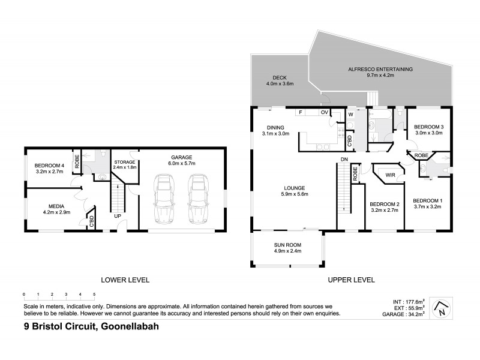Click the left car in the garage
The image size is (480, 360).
pyautogui.click(x=163, y=199)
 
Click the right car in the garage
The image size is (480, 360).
pyautogui.click(x=197, y=199)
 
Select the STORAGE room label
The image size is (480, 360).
pyautogui.click(x=125, y=162)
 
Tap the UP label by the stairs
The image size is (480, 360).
pyautogui.click(x=118, y=215)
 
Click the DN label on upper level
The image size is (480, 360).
pyautogui.click(x=344, y=158)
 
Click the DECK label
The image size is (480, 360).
pyautogui.click(x=279, y=77)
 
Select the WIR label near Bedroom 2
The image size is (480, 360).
pyautogui.click(x=389, y=176)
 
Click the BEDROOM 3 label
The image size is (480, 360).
pyautogui.click(x=428, y=127)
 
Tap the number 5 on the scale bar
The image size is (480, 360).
pyautogui.click(x=94, y=294)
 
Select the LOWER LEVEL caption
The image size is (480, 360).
pyautogui.click(x=125, y=280)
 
